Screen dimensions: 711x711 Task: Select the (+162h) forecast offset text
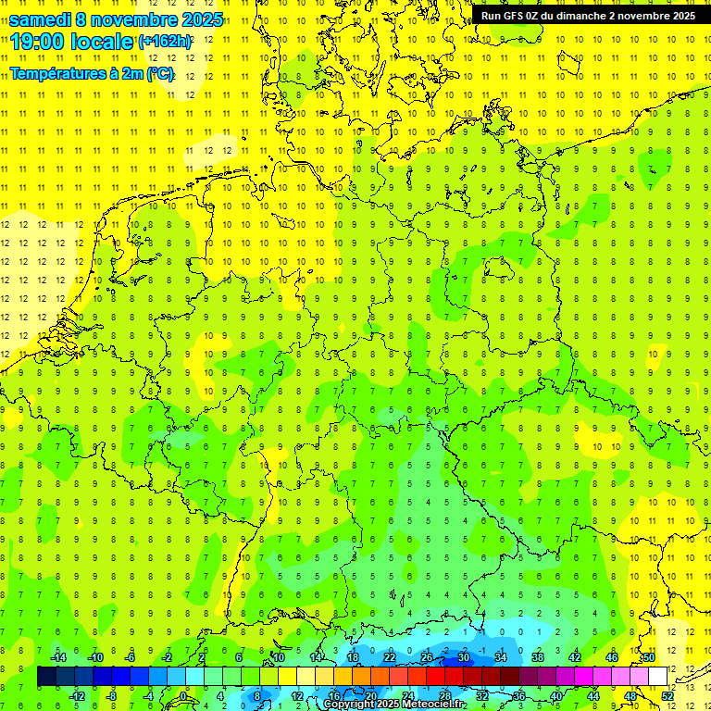[x=165, y=42]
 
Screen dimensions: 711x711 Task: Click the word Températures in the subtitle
[x=56, y=73]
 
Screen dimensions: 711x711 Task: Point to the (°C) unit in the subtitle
[x=159, y=73]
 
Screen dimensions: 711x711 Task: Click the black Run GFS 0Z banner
[x=589, y=16]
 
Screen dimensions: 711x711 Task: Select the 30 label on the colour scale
[x=464, y=657]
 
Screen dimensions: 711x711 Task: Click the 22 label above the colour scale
[x=390, y=657]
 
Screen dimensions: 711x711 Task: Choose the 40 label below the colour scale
[x=556, y=696]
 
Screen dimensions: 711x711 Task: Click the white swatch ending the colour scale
[x=658, y=677]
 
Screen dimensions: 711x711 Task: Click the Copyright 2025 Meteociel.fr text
[x=394, y=705]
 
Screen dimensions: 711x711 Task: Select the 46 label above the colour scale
[x=612, y=657]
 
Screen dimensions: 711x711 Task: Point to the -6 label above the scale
[x=130, y=657]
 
